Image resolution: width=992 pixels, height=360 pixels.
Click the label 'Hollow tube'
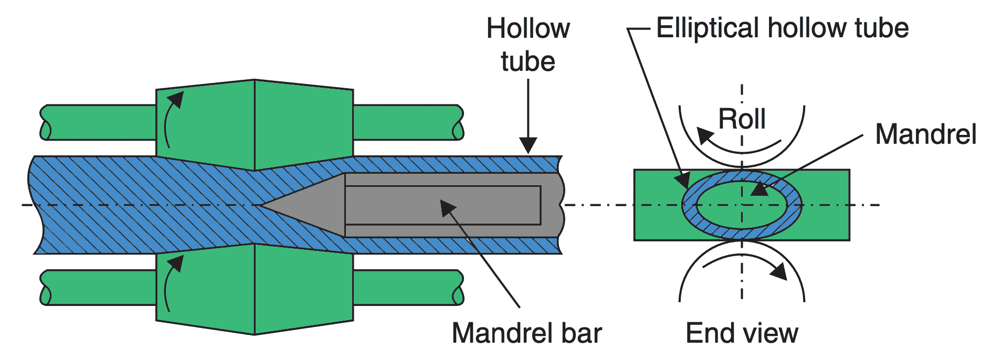[x=527, y=45]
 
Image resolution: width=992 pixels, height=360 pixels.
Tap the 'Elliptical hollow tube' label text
[x=782, y=28]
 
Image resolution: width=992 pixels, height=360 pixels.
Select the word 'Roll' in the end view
[x=742, y=119]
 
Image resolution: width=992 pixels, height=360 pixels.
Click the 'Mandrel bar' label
[x=526, y=333]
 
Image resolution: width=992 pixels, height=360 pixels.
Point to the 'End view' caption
[x=742, y=333]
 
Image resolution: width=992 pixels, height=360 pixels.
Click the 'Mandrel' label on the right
[x=925, y=134]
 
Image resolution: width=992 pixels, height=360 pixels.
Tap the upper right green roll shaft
[x=407, y=122]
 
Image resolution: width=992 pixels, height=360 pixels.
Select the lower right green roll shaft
[x=407, y=287]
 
